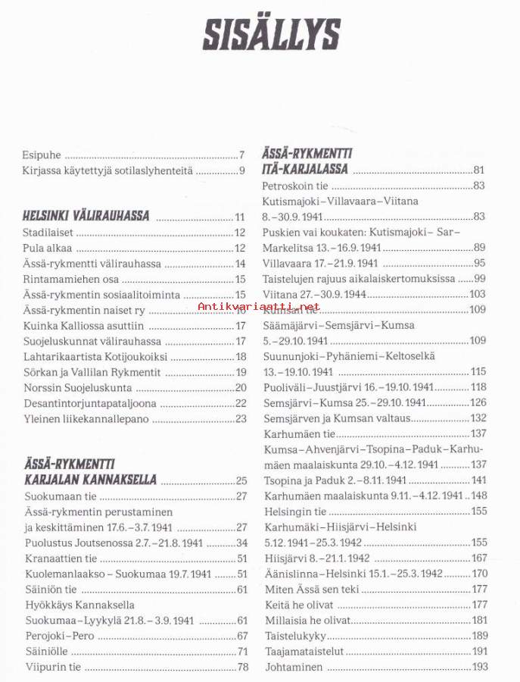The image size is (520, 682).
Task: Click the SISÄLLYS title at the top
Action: pyautogui.click(x=270, y=34)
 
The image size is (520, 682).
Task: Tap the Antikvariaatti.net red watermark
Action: pyautogui.click(x=258, y=307)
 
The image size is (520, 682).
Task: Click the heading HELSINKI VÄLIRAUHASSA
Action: pyautogui.click(x=86, y=216)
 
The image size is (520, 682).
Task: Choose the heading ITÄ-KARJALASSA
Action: pyautogui.click(x=305, y=169)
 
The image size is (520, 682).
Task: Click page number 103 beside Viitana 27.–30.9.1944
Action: pyautogui.click(x=478, y=294)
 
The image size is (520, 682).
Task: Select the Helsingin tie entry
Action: pyautogui.click(x=294, y=511)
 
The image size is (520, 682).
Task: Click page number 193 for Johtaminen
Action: pyautogui.click(x=480, y=667)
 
